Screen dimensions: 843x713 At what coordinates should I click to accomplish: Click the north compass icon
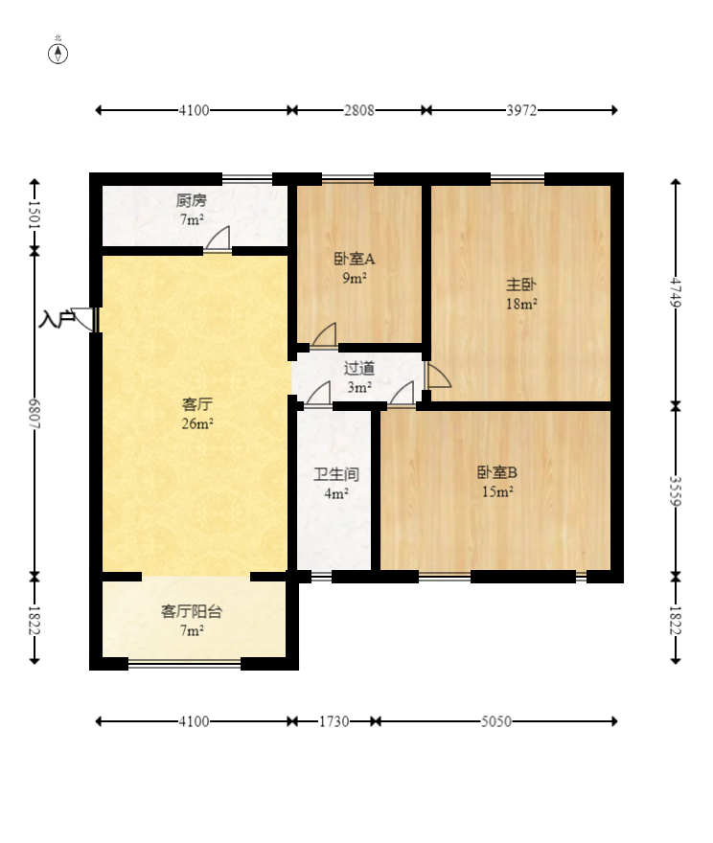pyautogui.click(x=58, y=52)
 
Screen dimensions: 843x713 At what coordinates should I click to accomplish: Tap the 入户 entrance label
pyautogui.click(x=57, y=319)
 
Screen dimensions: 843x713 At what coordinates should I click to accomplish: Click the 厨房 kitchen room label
pyautogui.click(x=191, y=201)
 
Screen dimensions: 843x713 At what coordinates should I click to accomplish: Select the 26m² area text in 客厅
pyautogui.click(x=197, y=424)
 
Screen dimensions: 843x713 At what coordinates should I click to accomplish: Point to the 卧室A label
pyautogui.click(x=355, y=259)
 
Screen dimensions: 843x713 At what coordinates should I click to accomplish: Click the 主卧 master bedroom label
pyautogui.click(x=521, y=285)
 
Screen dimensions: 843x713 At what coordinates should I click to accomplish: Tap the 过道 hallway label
pyautogui.click(x=359, y=368)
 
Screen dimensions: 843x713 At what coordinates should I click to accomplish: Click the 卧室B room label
pyautogui.click(x=496, y=472)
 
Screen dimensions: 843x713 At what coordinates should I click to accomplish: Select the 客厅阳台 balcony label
pyautogui.click(x=192, y=611)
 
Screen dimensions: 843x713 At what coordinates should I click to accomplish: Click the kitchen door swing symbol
pyautogui.click(x=218, y=239)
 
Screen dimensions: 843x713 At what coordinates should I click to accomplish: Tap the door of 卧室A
pyautogui.click(x=324, y=336)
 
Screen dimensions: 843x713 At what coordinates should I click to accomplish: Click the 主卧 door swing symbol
pyautogui.click(x=438, y=376)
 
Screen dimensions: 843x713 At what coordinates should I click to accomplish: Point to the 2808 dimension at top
pyautogui.click(x=359, y=110)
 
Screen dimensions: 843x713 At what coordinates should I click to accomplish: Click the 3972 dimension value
pyautogui.click(x=522, y=110)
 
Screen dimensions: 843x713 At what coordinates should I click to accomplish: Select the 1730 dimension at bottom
pyautogui.click(x=333, y=720)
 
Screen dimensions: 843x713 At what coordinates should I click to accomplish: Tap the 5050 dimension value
pyautogui.click(x=495, y=720)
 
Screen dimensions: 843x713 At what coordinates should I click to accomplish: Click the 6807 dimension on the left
pyautogui.click(x=34, y=413)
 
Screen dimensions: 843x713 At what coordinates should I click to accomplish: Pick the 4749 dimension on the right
pyautogui.click(x=676, y=292)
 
